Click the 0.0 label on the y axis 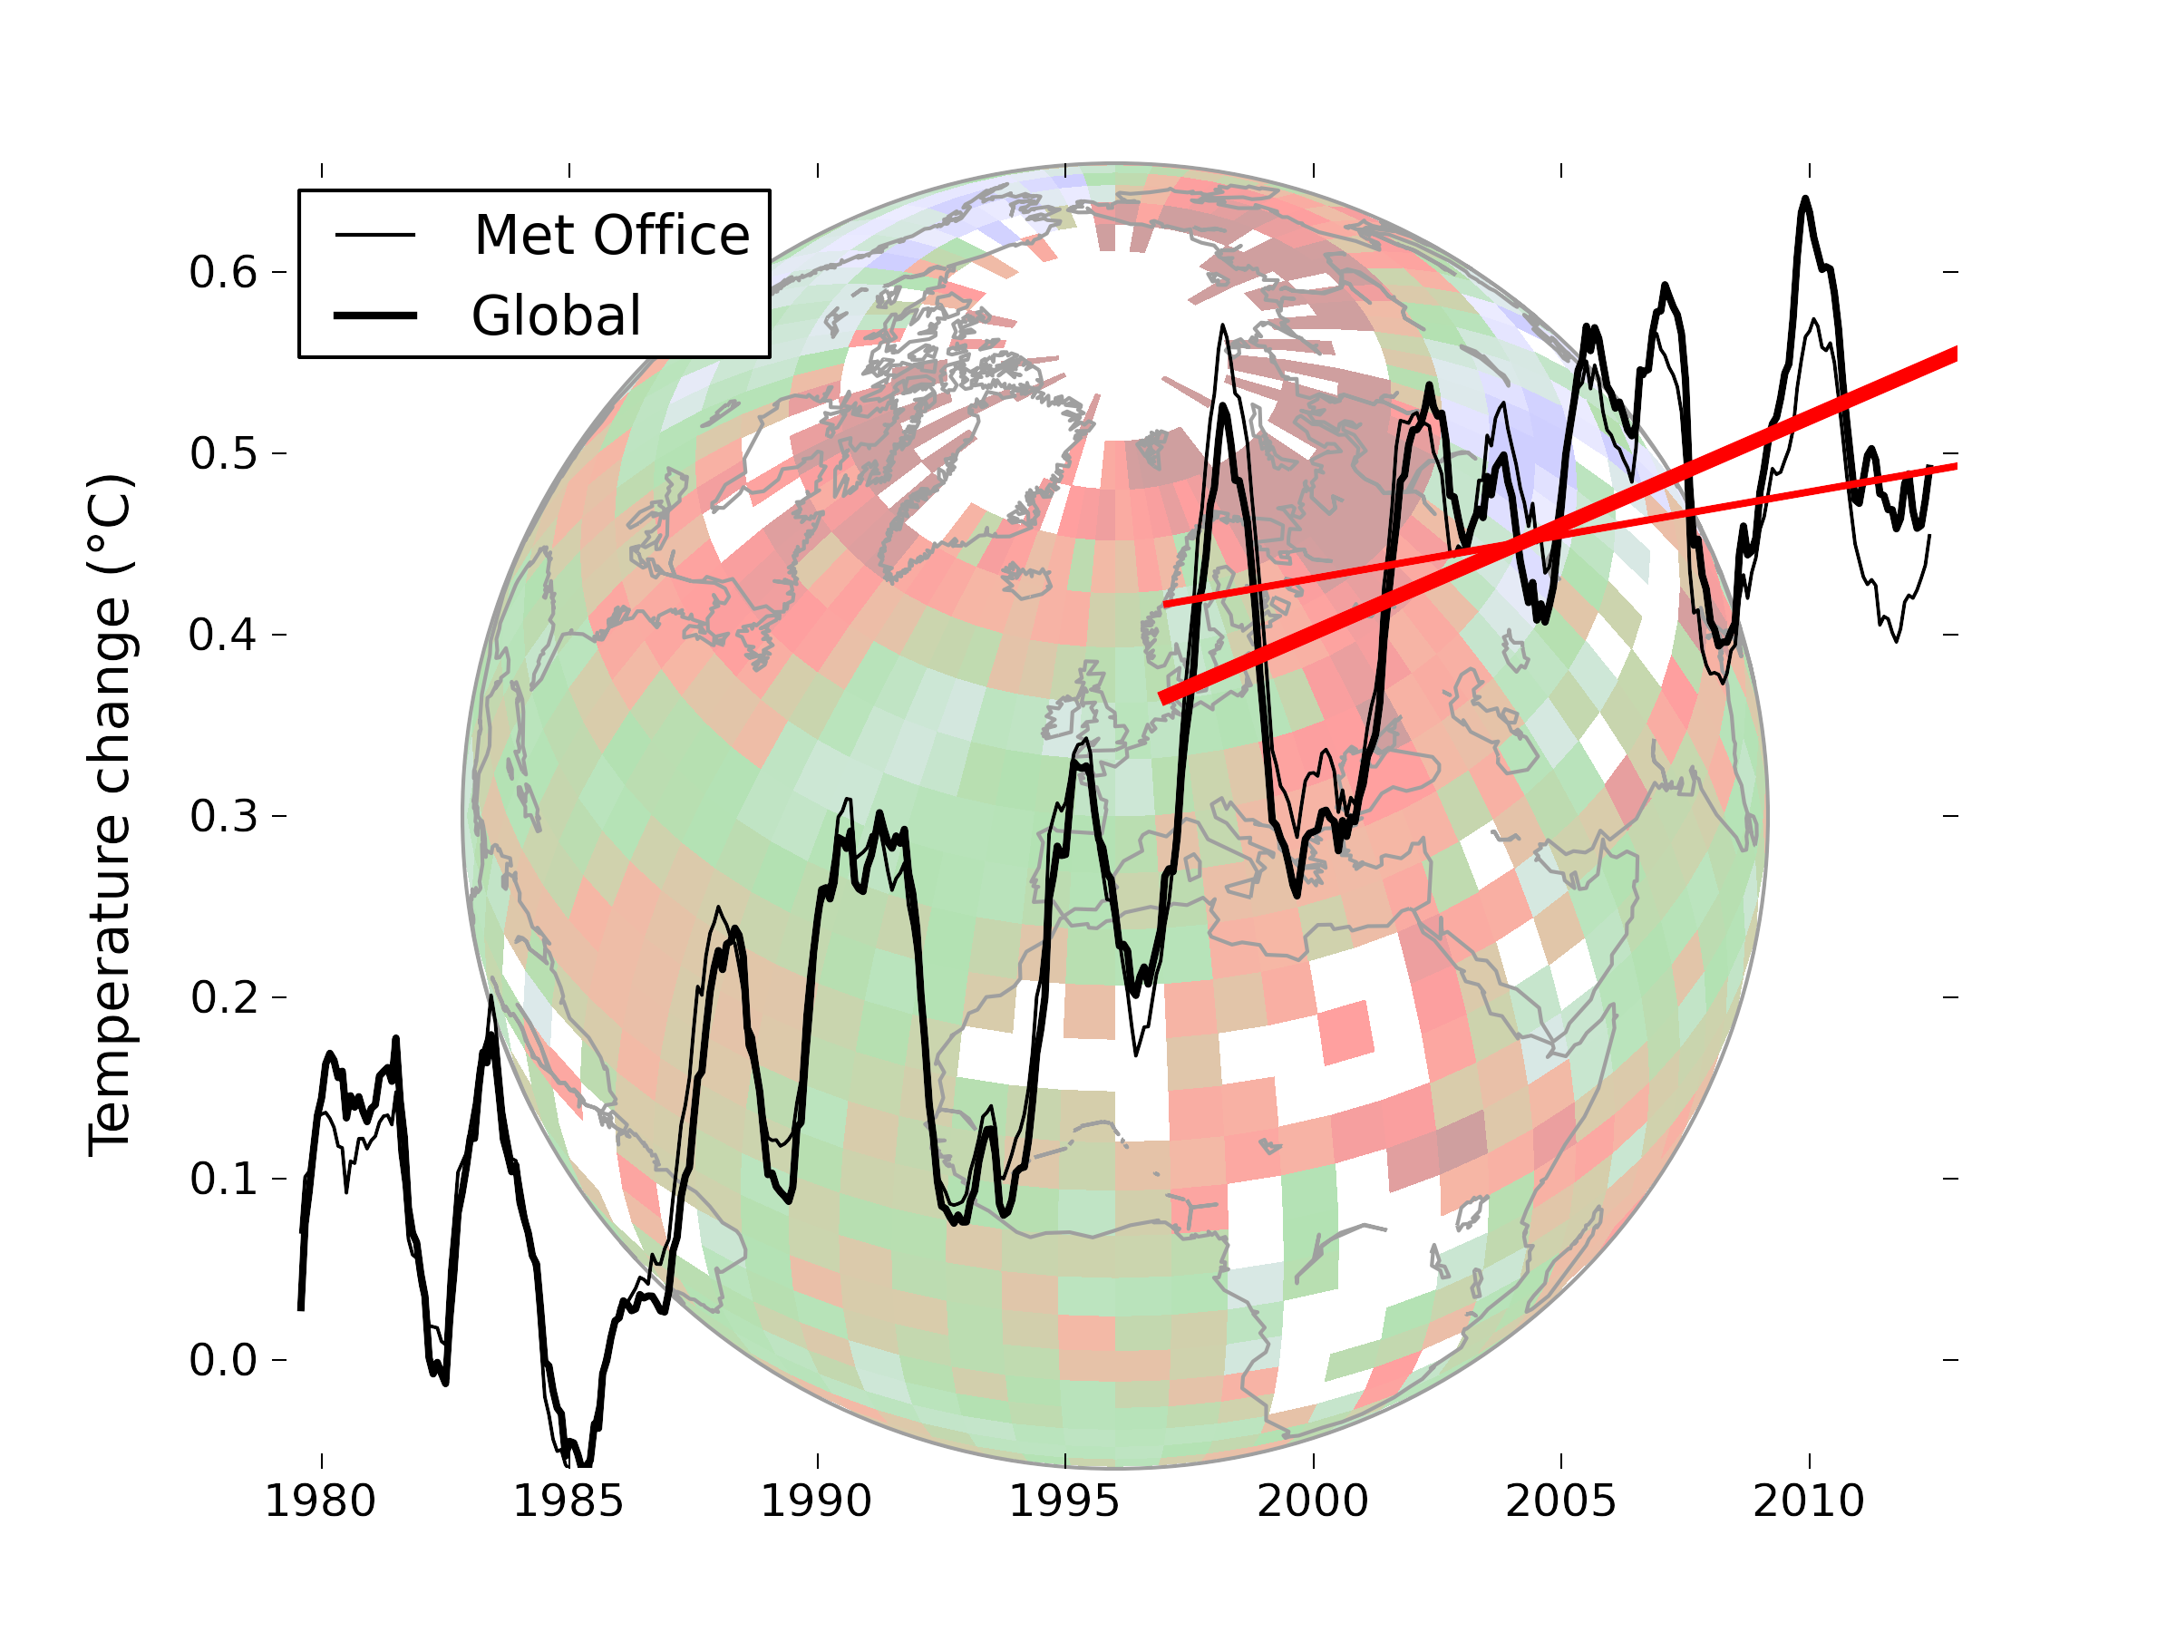[x=223, y=1361]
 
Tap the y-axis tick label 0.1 [x=223, y=1179]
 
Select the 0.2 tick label [x=223, y=997]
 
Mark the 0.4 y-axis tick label [x=223, y=635]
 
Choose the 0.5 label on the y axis [x=223, y=453]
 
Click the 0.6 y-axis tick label [x=223, y=271]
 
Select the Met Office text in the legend [x=612, y=235]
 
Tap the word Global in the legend [x=556, y=316]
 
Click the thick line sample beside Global [x=374, y=316]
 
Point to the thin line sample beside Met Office [x=374, y=235]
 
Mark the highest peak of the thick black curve [x=1805, y=199]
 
